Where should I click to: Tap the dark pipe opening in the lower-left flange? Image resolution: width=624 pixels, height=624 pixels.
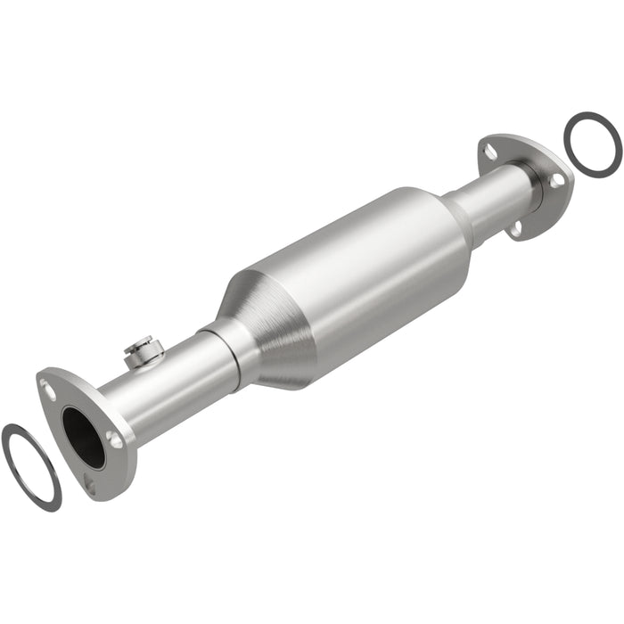point(84,438)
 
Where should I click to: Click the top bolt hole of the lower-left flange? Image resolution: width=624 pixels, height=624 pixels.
point(50,390)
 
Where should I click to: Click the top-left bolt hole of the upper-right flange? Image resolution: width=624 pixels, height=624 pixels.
point(489,150)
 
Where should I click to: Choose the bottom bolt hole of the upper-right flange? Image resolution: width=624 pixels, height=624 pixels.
point(515,230)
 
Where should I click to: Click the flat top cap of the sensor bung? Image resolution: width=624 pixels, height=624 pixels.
point(142,341)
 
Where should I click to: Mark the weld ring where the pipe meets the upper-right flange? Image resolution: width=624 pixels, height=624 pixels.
point(533,185)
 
